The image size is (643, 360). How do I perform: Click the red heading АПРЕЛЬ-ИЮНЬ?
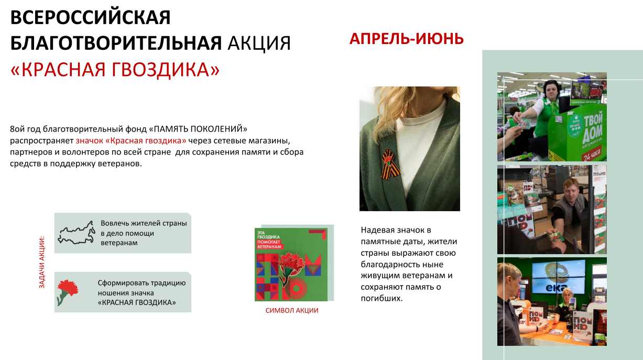pyautogui.click(x=407, y=39)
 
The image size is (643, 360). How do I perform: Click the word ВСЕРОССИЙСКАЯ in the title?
pyautogui.click(x=91, y=17)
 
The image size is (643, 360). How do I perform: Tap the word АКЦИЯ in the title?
pyautogui.click(x=259, y=43)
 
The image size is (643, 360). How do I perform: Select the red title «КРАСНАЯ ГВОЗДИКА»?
pyautogui.click(x=115, y=70)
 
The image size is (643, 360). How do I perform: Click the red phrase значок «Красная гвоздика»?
pyautogui.click(x=131, y=140)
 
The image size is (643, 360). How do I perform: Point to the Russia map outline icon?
pyautogui.click(x=77, y=233)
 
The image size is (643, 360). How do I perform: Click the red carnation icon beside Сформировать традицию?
pyautogui.click(x=68, y=292)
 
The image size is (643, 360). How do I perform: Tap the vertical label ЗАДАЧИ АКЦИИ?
pyautogui.click(x=42, y=262)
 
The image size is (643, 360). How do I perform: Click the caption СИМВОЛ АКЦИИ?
pyautogui.click(x=292, y=310)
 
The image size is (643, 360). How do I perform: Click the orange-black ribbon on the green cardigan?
pyautogui.click(x=391, y=164)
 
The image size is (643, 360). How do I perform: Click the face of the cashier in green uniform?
pyautogui.click(x=551, y=90)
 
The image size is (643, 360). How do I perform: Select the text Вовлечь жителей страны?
pyautogui.click(x=144, y=223)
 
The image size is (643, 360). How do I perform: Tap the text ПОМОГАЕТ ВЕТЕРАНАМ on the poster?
pyautogui.click(x=269, y=244)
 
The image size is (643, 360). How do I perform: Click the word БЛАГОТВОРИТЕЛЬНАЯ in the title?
pyautogui.click(x=116, y=43)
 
